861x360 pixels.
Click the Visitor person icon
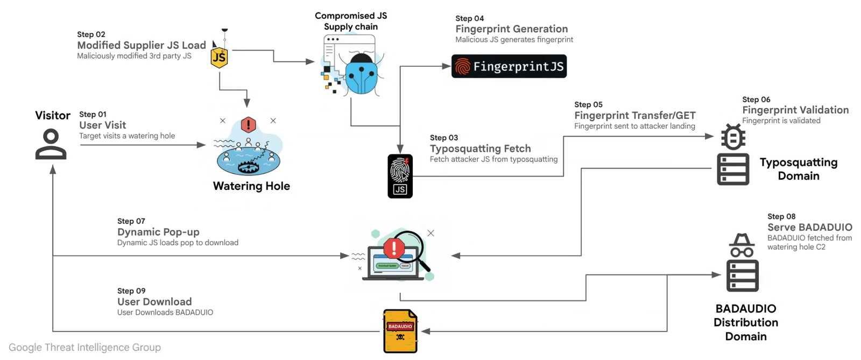coord(51,144)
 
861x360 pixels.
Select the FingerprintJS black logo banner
coord(509,66)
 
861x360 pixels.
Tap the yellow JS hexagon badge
coord(219,57)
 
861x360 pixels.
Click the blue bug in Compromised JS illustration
coord(361,74)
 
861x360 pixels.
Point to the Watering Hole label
coord(251,186)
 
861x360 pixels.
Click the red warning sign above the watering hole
coord(248,125)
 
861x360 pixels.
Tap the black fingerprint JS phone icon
coord(400,176)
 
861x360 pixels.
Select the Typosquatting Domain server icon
coord(733,169)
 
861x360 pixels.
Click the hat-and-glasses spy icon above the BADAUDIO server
coord(742,245)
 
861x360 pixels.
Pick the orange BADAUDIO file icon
coord(400,331)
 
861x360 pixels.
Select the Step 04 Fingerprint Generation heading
coord(511,29)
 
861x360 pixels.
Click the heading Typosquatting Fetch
coord(480,149)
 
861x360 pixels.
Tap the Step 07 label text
coord(131,221)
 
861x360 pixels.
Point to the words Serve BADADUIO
coord(809,227)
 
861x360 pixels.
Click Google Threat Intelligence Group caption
coord(84,348)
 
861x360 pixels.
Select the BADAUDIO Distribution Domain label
coord(745,322)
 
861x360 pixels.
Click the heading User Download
coord(154,302)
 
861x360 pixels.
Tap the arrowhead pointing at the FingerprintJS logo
coord(446,66)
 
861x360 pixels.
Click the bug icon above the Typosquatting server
coord(733,137)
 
